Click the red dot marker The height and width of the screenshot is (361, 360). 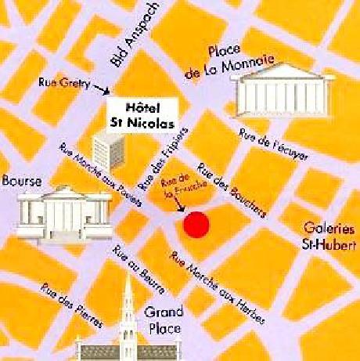pos(196,224)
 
